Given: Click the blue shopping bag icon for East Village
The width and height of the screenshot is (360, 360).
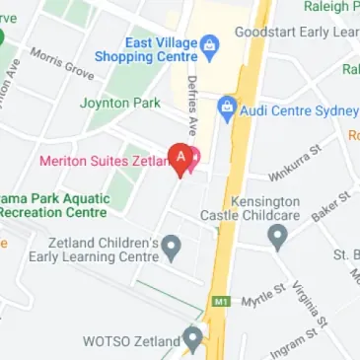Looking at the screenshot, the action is point(209,44).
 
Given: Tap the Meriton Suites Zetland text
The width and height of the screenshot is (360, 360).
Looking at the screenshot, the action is point(104,161).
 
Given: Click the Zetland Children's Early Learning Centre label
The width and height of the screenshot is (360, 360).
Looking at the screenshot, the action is point(104,250).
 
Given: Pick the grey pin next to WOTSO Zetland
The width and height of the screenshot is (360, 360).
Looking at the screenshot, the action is point(193,338).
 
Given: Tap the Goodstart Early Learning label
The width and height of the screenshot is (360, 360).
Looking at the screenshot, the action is point(296,32).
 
